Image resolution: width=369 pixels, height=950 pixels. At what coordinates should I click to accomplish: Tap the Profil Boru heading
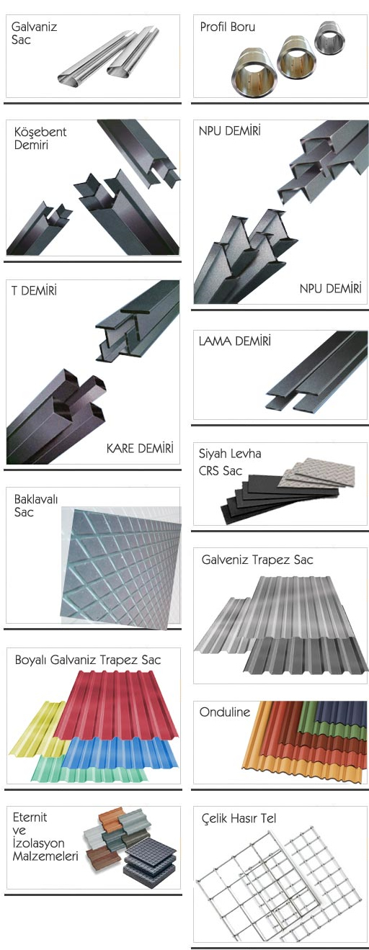(227, 27)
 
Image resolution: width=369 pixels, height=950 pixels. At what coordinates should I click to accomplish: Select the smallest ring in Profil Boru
(329, 37)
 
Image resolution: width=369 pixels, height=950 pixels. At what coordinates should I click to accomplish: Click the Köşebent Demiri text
(40, 138)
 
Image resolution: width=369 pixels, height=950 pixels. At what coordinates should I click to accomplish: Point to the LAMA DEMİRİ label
(234, 341)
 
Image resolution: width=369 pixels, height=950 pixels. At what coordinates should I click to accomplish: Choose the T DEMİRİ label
(34, 290)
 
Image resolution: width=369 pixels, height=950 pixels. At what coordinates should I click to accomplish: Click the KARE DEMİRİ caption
(140, 448)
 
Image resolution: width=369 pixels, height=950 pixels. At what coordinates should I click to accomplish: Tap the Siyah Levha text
(230, 454)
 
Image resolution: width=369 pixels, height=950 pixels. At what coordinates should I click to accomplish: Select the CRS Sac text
(221, 471)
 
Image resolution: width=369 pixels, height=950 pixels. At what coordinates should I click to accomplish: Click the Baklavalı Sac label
(35, 506)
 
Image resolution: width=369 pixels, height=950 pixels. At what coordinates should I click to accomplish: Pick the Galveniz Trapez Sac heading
(257, 560)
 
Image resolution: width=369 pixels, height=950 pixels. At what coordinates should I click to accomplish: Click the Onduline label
(225, 712)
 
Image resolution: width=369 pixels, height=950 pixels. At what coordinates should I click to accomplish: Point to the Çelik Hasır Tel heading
(239, 818)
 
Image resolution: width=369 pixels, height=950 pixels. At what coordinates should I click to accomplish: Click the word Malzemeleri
(45, 856)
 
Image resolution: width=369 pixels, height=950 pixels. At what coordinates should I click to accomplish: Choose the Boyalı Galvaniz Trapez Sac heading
(88, 660)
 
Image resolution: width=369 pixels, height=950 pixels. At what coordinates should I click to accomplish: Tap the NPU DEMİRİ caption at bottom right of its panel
(330, 289)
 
